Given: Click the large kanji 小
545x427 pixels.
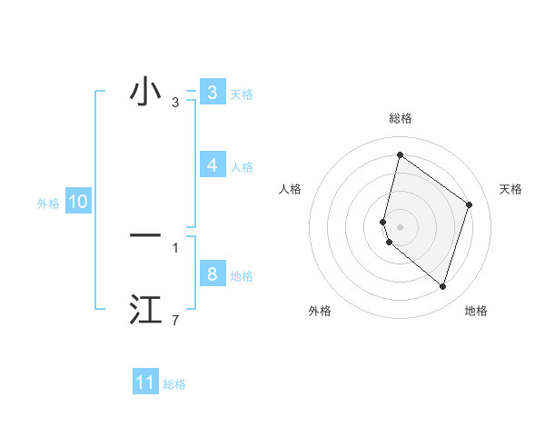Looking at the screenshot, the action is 145,93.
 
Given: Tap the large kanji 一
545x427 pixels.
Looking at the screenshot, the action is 145,235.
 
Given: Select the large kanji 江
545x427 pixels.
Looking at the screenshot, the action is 145,310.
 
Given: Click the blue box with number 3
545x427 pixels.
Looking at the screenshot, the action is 212,93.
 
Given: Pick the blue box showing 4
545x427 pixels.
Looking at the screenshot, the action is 212,165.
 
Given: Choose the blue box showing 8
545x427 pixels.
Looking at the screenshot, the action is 212,274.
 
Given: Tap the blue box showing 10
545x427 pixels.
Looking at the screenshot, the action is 78,203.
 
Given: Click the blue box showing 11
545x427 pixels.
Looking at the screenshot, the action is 145,382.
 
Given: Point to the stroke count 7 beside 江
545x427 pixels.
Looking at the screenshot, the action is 175,321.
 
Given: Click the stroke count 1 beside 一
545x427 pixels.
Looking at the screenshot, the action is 175,247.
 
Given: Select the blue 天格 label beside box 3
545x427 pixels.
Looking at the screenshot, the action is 242,94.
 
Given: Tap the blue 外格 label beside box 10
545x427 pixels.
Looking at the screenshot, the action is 48,204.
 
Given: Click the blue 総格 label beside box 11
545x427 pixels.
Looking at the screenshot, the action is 174,384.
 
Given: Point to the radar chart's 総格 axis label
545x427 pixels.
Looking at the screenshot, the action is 400,118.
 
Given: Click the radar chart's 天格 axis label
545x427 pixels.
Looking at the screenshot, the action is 511,189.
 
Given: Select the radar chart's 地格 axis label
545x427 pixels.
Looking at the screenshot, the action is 476,311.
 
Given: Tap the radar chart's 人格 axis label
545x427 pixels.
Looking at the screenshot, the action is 290,189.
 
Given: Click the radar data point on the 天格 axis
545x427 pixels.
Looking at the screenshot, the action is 470,204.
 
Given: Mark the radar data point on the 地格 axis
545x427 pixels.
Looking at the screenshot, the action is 442,286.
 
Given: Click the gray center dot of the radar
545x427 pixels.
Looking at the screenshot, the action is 400,226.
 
